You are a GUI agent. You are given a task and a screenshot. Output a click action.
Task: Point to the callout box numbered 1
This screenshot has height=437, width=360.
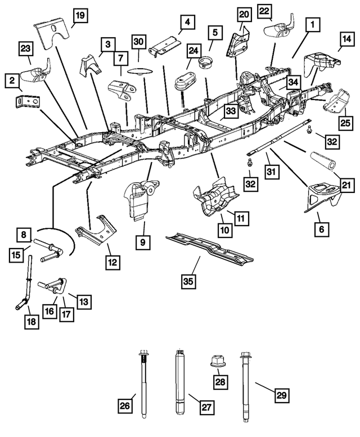[x=310, y=25]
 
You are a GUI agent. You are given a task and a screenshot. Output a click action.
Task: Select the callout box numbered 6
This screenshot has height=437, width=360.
[x=323, y=229]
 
